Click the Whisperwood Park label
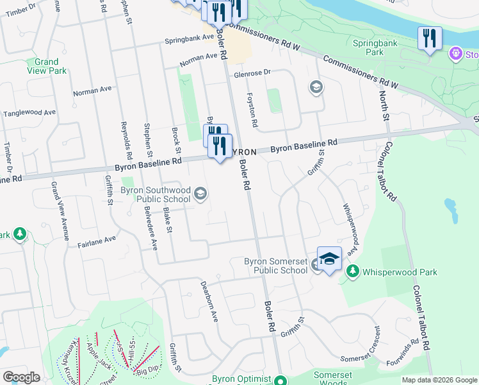pos(400,272)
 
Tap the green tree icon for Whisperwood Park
pos(352,272)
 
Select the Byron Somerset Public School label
pos(276,266)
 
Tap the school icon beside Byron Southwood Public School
pos(200,194)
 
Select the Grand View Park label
pos(46,66)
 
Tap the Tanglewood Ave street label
pos(29,113)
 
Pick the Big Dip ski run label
pos(147,370)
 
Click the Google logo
pos(21,378)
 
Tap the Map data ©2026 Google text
pos(439,380)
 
